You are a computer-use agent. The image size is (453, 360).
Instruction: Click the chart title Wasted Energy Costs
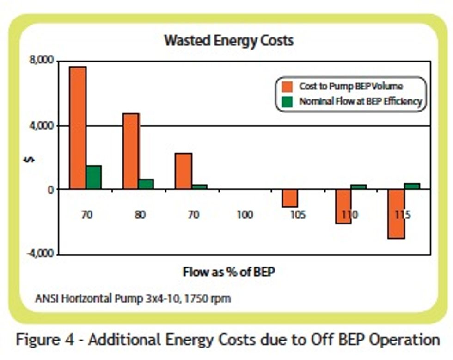(229, 41)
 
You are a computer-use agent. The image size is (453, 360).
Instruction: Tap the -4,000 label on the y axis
(52, 254)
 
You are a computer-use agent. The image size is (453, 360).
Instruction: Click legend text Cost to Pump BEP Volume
(351, 87)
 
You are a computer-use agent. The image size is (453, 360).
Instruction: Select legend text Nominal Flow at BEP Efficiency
(361, 101)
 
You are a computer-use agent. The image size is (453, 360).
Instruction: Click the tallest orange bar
(78, 128)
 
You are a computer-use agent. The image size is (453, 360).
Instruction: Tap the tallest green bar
(93, 177)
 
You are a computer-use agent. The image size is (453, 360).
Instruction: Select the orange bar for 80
(131, 151)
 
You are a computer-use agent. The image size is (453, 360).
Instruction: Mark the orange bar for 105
(290, 198)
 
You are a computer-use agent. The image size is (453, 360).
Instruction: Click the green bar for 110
(359, 186)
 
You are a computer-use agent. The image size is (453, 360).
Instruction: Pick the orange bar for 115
(396, 214)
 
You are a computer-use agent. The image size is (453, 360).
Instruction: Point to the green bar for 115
(412, 186)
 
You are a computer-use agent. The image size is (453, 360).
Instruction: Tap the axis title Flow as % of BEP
(229, 272)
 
